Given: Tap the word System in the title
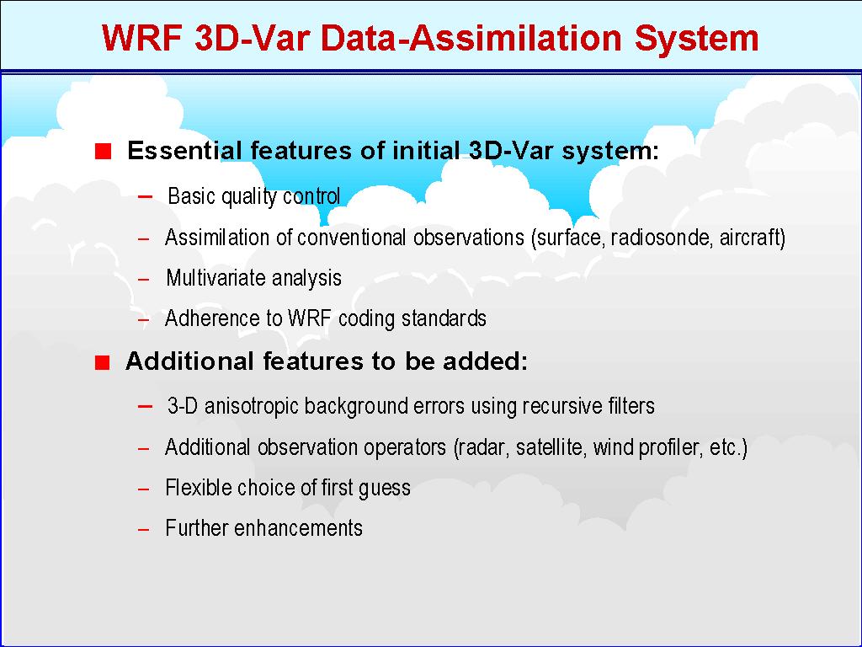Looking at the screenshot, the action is tap(696, 40).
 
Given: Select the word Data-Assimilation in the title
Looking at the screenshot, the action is tap(471, 38).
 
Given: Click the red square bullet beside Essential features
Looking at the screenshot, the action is tap(103, 151).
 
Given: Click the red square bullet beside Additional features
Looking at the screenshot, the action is tap(102, 362).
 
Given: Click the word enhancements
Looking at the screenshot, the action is tap(298, 528).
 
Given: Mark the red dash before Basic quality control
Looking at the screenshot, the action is tap(145, 196).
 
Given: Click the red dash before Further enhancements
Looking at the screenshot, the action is tap(143, 529).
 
